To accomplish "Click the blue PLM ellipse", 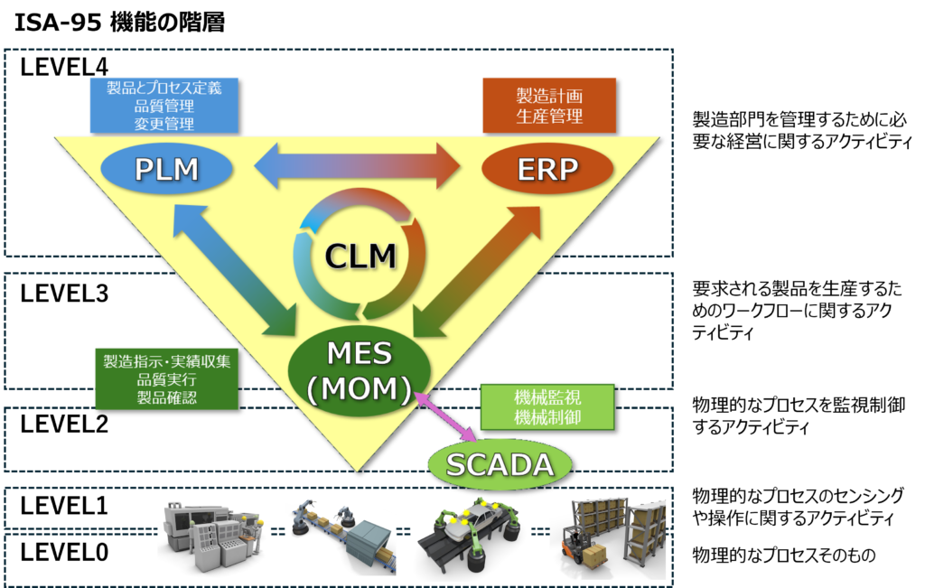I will click(x=166, y=169).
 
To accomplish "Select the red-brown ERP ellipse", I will click(x=547, y=169).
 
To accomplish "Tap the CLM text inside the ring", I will click(x=361, y=257).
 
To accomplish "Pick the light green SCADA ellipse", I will click(x=500, y=464).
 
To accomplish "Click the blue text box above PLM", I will click(x=164, y=106).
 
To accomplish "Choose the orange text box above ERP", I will click(x=549, y=106).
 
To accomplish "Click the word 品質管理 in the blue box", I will click(x=164, y=106).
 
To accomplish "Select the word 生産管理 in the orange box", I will click(x=549, y=117).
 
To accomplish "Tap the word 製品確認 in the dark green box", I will click(x=167, y=397).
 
